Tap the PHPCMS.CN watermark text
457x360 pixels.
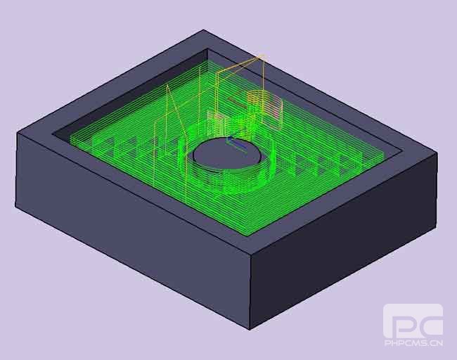click(413, 344)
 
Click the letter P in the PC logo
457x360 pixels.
click(398, 323)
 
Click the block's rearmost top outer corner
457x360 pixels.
click(204, 30)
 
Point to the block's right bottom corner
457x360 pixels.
click(433, 226)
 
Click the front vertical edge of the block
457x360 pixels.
click(250, 292)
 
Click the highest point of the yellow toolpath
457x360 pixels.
click(261, 56)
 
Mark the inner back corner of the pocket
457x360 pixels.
click(208, 49)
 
